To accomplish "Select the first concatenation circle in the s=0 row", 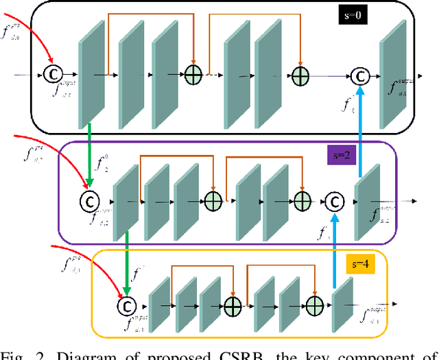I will click(x=52, y=72).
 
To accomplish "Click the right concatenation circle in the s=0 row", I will click(x=360, y=74).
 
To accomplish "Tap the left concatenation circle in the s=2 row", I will click(x=89, y=202).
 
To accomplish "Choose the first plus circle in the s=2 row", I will click(x=213, y=201).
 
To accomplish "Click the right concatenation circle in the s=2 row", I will click(x=334, y=201).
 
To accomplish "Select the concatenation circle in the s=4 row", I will click(x=126, y=304).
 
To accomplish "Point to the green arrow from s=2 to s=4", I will click(x=127, y=260).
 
